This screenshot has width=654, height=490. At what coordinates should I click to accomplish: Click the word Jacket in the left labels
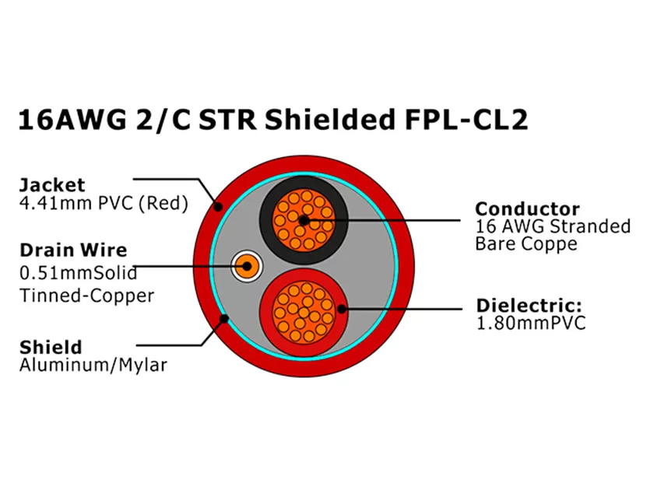click(51, 186)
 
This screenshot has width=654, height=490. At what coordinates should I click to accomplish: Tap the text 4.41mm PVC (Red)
click(103, 204)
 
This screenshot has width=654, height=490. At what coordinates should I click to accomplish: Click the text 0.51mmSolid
click(78, 273)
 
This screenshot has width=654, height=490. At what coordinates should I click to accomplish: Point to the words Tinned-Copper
click(86, 296)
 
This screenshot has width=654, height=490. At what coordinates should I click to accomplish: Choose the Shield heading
click(50, 347)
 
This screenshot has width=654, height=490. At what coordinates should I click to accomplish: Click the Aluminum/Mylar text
click(93, 365)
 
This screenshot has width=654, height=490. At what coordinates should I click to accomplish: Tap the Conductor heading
click(527, 208)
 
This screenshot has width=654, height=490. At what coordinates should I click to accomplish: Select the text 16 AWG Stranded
click(553, 226)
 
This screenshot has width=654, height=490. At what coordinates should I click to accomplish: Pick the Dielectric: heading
click(529, 306)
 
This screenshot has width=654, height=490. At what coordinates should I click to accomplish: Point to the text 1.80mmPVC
click(530, 323)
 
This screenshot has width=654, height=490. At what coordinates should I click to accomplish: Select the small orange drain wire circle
click(248, 268)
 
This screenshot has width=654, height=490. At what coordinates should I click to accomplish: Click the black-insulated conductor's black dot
click(304, 221)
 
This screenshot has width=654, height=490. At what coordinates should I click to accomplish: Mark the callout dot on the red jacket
click(220, 207)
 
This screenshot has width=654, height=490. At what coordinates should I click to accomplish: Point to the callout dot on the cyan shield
click(226, 317)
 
